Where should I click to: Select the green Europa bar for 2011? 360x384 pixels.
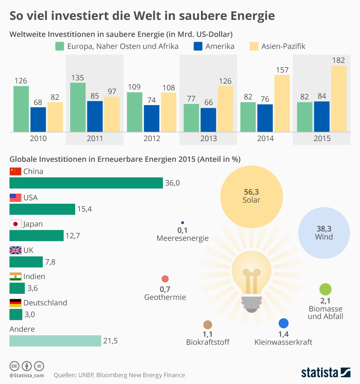pyautogui.click(x=78, y=107)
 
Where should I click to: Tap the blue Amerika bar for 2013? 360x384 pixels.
pyautogui.click(x=208, y=120)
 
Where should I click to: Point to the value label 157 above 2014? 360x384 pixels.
pyautogui.click(x=282, y=70)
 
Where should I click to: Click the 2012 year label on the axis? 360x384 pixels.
pyautogui.click(x=151, y=139)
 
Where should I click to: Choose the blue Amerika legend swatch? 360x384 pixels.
pyautogui.click(x=198, y=46)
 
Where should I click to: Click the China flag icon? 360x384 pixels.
pyautogui.click(x=15, y=172)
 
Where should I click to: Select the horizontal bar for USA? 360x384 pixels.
pyautogui.click(x=42, y=209)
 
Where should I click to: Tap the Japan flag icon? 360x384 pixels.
pyautogui.click(x=15, y=224)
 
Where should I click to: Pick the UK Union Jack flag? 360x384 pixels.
pyautogui.click(x=15, y=250)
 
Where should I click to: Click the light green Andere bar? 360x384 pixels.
pyautogui.click(x=55, y=341)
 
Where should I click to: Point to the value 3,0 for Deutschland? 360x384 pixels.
pyautogui.click(x=30, y=315)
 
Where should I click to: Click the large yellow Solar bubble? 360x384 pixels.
pyautogui.click(x=251, y=196)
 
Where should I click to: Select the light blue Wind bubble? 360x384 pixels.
pyautogui.click(x=324, y=233)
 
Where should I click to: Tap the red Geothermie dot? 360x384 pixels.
pyautogui.click(x=165, y=279)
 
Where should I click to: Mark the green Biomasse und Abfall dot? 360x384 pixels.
pyautogui.click(x=325, y=289)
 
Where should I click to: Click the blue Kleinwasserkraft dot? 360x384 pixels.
pyautogui.click(x=283, y=323)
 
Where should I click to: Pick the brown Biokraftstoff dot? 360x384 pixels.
pyautogui.click(x=208, y=325)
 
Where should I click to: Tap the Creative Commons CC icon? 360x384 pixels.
pyautogui.click(x=15, y=366)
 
